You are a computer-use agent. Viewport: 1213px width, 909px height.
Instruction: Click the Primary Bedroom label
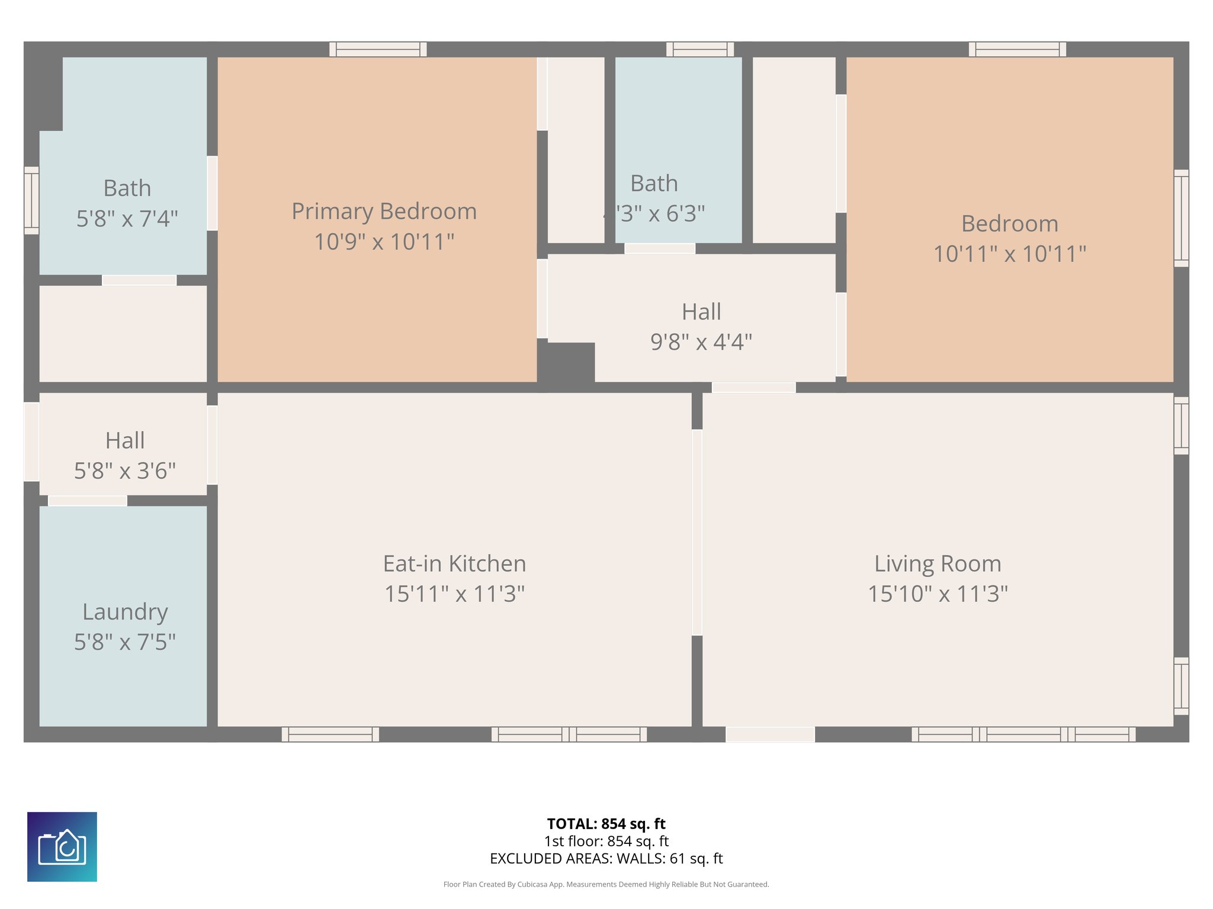(384, 211)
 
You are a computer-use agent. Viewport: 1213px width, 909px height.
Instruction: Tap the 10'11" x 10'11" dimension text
(1009, 254)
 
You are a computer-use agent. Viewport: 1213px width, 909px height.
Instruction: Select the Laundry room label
(125, 611)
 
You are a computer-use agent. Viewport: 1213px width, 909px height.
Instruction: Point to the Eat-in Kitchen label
(454, 563)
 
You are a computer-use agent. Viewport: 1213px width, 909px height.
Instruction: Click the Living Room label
(938, 563)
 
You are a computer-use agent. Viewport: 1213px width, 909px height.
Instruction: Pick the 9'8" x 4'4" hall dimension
(701, 342)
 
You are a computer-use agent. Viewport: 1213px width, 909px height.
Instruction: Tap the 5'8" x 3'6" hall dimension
(125, 471)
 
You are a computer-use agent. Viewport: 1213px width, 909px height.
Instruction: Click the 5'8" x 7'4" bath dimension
(127, 219)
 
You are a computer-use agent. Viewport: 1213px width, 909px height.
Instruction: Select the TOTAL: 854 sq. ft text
(606, 824)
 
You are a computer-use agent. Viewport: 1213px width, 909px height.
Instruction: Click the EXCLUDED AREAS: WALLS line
(606, 859)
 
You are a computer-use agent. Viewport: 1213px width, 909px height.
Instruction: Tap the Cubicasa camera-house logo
(62, 847)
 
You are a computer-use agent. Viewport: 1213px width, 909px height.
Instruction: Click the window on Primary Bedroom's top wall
(378, 49)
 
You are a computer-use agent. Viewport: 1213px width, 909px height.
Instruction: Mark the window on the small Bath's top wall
(699, 49)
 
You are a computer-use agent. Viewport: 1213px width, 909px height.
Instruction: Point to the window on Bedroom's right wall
(1181, 218)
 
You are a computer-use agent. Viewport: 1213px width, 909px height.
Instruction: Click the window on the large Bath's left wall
(31, 200)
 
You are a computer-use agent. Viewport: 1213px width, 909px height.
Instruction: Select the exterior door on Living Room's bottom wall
(770, 734)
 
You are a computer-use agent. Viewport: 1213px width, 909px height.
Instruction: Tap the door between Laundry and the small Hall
(87, 501)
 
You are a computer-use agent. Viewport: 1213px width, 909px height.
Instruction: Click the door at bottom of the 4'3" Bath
(659, 249)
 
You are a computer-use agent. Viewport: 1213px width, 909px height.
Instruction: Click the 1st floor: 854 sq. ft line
(606, 841)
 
